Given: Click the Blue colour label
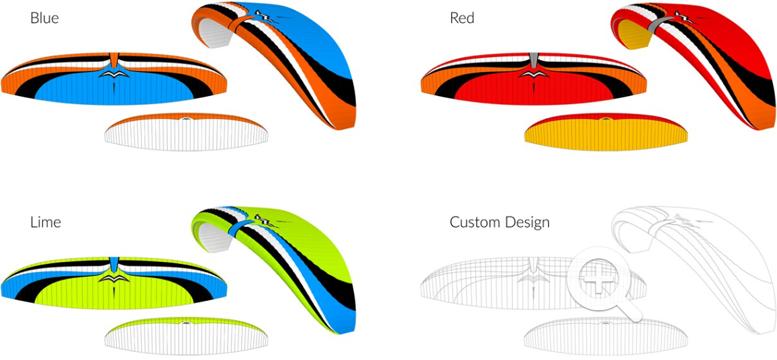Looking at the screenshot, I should tap(44, 18).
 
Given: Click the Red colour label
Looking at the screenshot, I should tap(462, 18).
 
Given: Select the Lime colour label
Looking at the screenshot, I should tap(46, 222).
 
